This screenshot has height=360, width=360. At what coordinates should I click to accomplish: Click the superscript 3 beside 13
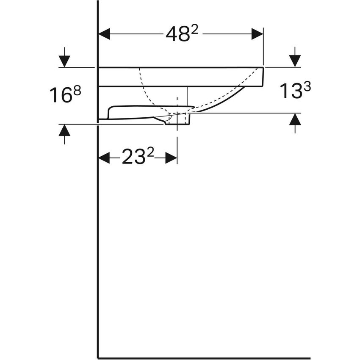point(307,86)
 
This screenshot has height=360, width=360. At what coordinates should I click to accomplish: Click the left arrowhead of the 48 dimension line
point(104,34)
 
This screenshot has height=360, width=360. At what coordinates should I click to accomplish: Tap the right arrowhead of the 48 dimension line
point(258,34)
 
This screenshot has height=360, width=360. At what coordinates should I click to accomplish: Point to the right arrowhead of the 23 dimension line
point(171,158)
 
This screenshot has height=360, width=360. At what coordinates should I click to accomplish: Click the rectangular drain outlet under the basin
point(177,120)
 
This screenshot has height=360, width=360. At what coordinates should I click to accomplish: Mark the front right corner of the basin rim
point(263,68)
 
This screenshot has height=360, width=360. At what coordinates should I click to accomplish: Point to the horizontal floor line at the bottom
point(203,358)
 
